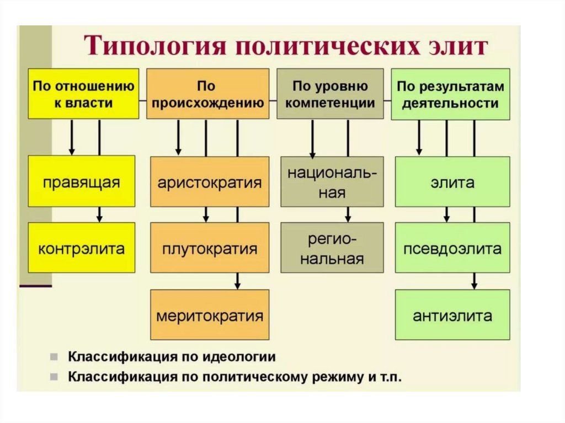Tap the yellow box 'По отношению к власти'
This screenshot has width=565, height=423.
pos(83,94)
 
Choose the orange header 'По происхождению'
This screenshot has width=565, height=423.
pos(207,94)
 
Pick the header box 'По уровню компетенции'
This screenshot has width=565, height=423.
pos(330,94)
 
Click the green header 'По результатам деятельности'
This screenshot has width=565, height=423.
pos(450,94)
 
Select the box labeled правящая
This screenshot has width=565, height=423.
pos(81,181)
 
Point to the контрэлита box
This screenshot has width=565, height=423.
pos(81,248)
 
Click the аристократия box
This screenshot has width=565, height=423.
pos(210,181)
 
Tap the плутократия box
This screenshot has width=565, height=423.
pos(210,248)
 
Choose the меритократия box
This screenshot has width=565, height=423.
pos(210,315)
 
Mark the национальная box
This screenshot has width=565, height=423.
pos(332,181)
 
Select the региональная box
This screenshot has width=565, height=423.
pos(332,248)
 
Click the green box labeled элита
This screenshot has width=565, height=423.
pos(452,181)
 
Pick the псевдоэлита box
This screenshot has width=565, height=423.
pos(452,248)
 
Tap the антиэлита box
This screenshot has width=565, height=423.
pos(452,315)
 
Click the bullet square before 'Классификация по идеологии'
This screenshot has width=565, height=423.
pos(54,356)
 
